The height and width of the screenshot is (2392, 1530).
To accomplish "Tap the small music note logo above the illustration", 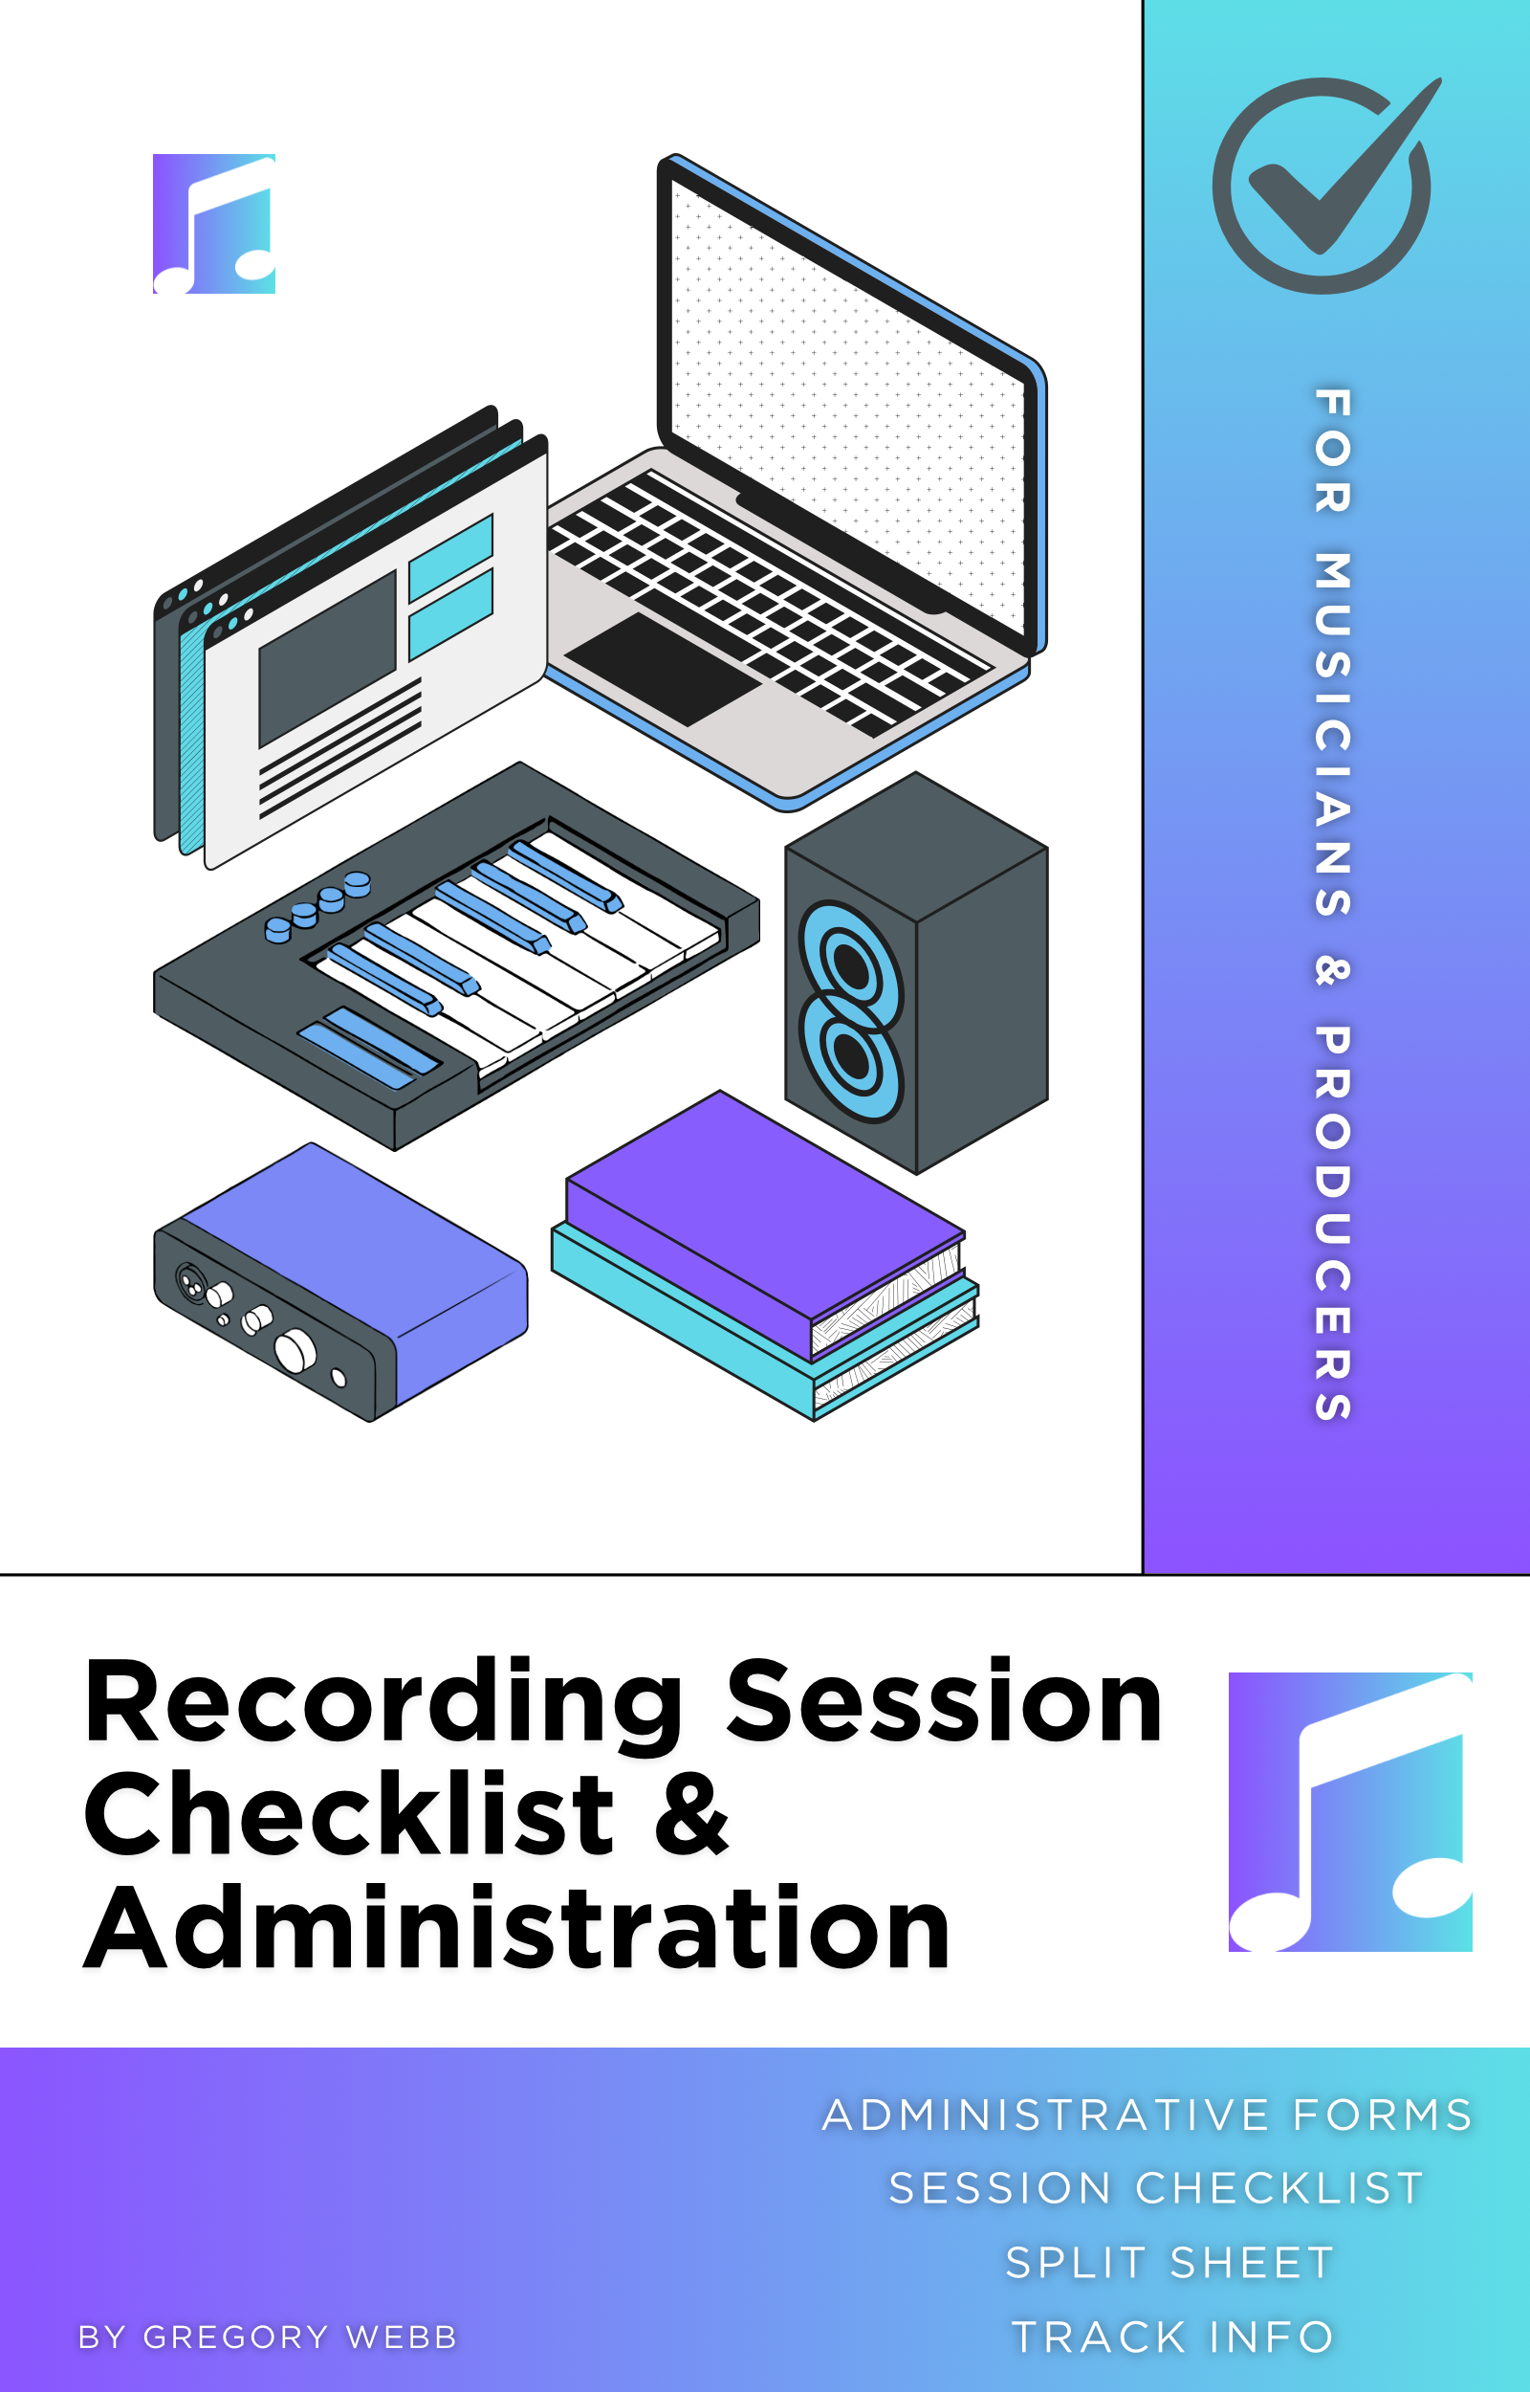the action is (213, 224).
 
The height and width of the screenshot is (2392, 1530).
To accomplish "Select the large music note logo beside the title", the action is (1350, 1811).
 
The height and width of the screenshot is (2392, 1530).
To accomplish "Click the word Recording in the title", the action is (383, 1704).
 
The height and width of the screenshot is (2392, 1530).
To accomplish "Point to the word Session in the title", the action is (944, 1701).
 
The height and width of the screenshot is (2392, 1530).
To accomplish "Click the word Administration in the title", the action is (516, 1928).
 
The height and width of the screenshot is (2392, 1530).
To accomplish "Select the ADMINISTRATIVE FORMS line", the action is (1147, 2115).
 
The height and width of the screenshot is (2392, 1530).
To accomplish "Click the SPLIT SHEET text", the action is (1169, 2263).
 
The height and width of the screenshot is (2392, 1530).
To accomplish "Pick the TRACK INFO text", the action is (1172, 2337).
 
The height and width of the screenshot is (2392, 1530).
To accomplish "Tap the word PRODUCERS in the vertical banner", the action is (1333, 1224).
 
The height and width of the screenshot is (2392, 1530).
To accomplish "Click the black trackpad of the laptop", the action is (663, 668).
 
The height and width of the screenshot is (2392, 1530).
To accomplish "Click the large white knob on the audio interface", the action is (295, 1351).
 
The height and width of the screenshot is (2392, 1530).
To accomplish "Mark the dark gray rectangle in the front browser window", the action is (327, 658).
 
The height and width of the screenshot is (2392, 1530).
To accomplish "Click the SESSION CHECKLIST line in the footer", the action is (1156, 2188).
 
